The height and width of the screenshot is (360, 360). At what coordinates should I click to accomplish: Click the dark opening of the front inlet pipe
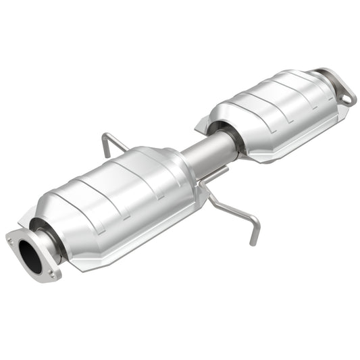(31, 254)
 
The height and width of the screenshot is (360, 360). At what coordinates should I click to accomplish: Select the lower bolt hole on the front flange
(53, 274)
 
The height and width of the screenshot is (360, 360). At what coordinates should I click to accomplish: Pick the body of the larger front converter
(115, 196)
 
